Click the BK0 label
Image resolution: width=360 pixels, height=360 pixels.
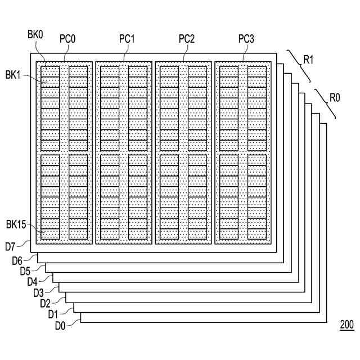[x=34, y=35]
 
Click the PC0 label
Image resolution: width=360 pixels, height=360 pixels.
[x=67, y=39]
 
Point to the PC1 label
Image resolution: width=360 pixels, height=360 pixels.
[x=127, y=39]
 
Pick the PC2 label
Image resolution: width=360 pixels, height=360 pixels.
[x=187, y=39]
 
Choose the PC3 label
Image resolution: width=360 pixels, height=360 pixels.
[x=246, y=39]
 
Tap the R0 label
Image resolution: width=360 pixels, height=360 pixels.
[x=335, y=97]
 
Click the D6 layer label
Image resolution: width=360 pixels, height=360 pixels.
[x=17, y=261]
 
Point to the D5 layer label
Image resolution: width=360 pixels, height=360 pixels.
[x=25, y=271]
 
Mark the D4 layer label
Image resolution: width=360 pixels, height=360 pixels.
[x=33, y=282]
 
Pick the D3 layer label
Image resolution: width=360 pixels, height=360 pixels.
[x=39, y=292]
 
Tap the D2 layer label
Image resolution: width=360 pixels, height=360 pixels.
[x=46, y=304]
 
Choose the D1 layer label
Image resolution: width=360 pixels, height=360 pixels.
[x=53, y=314]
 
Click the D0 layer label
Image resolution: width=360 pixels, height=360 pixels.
[x=60, y=325]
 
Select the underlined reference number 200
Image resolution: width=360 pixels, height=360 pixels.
[x=346, y=325]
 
